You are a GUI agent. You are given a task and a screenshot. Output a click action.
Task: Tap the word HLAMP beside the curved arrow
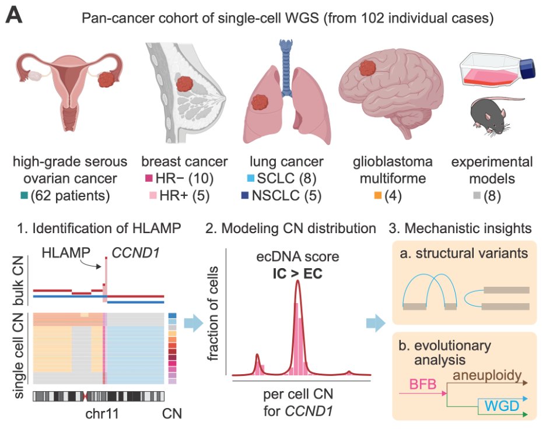(66, 254)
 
